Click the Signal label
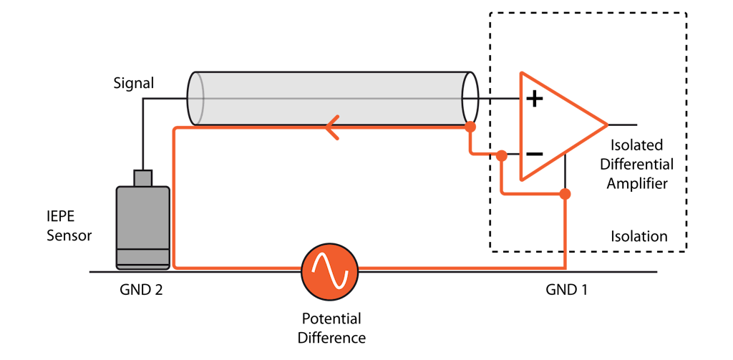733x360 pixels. coord(134,84)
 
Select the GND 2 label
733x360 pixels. coord(143,291)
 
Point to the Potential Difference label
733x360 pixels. coord(331,328)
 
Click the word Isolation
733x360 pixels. coord(639,236)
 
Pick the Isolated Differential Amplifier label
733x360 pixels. coord(637,164)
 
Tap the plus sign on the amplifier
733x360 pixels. coord(534,99)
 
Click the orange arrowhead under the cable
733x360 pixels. coord(331,129)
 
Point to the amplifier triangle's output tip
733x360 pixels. coord(606,124)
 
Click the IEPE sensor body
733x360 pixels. coord(143,225)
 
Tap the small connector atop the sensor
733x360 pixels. coord(143,177)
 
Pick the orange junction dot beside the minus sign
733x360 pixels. coord(502,155)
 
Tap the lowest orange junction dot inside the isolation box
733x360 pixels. coord(565,194)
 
